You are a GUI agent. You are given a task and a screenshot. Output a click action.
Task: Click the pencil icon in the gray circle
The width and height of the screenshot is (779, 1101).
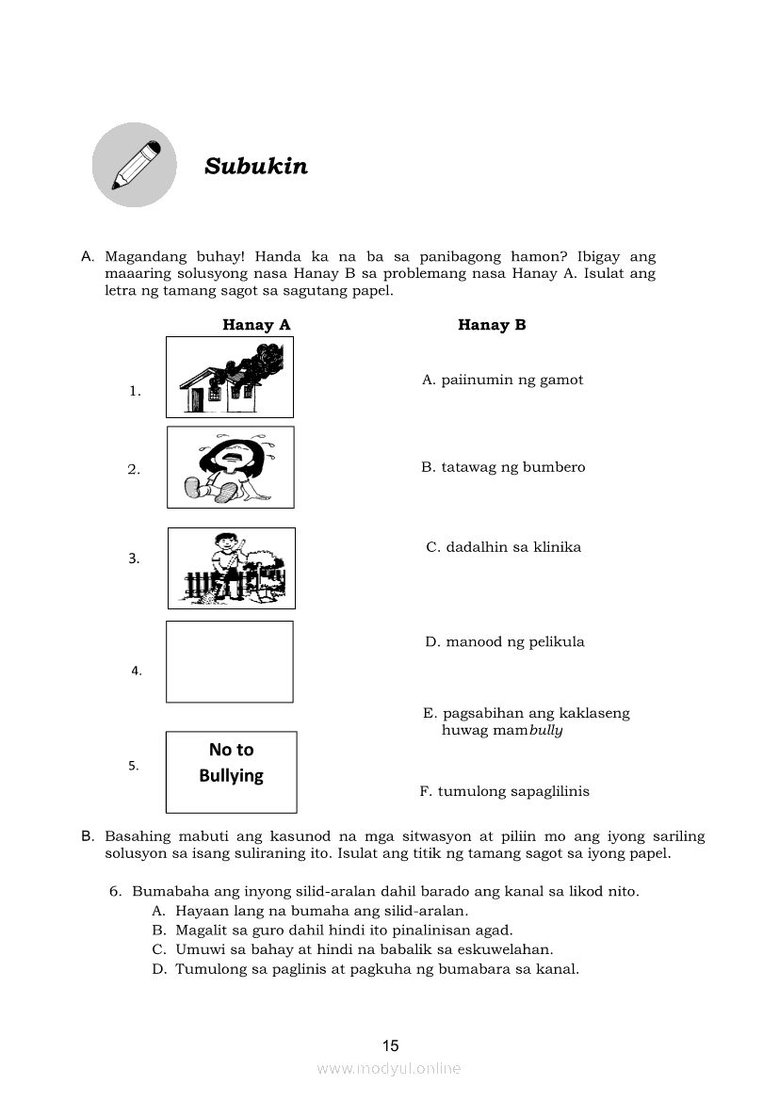[135, 165]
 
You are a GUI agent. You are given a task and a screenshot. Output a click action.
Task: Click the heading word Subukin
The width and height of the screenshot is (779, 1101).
[256, 167]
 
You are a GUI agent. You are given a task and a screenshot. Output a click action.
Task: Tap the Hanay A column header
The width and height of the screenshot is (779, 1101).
[256, 325]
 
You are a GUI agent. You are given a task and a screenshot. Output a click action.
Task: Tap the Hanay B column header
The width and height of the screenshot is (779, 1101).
[492, 325]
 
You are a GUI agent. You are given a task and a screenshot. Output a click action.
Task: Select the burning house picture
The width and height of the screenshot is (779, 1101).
[230, 377]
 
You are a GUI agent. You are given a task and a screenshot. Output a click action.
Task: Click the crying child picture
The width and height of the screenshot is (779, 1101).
[230, 467]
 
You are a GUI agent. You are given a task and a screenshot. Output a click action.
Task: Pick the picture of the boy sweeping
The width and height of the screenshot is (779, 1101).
[231, 568]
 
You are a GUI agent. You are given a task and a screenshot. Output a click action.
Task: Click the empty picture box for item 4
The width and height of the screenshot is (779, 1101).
[230, 661]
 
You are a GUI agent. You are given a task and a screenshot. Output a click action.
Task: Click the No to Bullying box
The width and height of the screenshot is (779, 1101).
[231, 771]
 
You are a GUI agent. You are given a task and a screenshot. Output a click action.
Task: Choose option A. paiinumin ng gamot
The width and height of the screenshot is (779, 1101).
[503, 380]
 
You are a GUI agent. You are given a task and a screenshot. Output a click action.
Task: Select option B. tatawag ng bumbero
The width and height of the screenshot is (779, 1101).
[503, 467]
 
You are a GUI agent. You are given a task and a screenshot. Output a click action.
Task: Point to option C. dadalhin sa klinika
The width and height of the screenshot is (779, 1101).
[504, 547]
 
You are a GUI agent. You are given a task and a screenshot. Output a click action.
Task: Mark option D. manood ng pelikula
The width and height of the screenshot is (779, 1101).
[505, 642]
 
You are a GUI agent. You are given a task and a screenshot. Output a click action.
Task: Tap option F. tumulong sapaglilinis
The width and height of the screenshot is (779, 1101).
[505, 791]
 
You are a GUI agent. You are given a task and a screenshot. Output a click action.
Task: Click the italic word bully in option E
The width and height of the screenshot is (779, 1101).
[545, 731]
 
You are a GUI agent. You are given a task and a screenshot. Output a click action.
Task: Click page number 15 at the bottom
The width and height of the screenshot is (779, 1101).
[391, 1045]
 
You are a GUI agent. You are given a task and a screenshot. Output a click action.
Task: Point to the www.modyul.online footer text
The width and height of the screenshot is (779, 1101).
[389, 1068]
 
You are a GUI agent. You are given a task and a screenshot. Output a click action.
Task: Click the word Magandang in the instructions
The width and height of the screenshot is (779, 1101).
[143, 256]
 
